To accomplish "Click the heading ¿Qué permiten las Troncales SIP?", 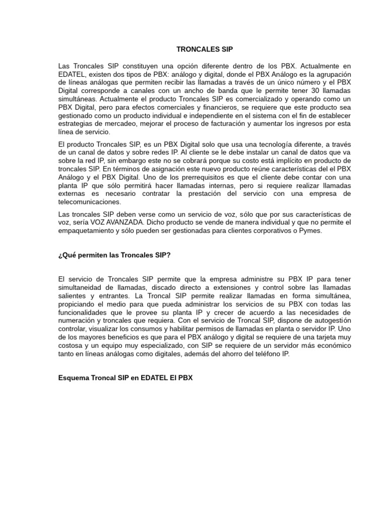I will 115,255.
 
